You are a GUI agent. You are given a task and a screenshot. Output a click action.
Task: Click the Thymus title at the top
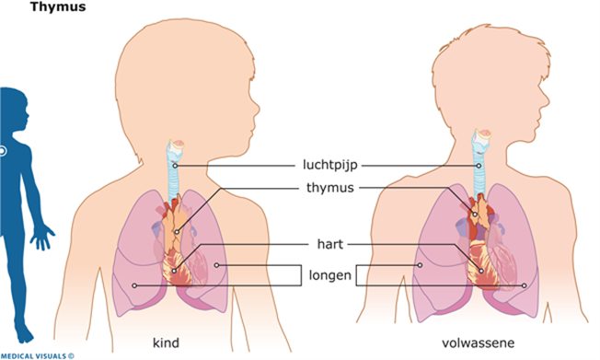58,6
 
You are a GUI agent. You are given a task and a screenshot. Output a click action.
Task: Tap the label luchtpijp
329,165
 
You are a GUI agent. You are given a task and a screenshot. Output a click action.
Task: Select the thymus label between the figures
330,188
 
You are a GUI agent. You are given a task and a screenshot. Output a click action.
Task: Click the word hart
329,244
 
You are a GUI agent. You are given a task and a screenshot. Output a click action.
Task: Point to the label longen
329,275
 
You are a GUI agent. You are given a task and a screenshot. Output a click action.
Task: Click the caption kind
166,343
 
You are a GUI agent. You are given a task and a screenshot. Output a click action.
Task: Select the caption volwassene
478,343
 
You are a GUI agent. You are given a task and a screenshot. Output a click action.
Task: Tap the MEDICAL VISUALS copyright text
38,356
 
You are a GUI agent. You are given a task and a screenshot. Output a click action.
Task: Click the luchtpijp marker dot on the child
175,166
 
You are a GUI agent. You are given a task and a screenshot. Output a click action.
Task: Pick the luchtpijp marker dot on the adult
479,166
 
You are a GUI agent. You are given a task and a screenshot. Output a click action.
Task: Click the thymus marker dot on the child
177,232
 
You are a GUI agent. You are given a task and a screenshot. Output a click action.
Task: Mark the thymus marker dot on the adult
475,215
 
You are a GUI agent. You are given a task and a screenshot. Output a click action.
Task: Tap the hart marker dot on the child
174,271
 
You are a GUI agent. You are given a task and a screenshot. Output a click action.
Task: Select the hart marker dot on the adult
481,271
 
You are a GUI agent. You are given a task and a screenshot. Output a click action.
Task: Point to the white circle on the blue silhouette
2,151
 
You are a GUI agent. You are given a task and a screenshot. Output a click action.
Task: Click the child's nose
257,110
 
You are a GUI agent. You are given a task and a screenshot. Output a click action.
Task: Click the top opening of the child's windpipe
178,145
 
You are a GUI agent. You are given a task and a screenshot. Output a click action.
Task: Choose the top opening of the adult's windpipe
483,134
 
